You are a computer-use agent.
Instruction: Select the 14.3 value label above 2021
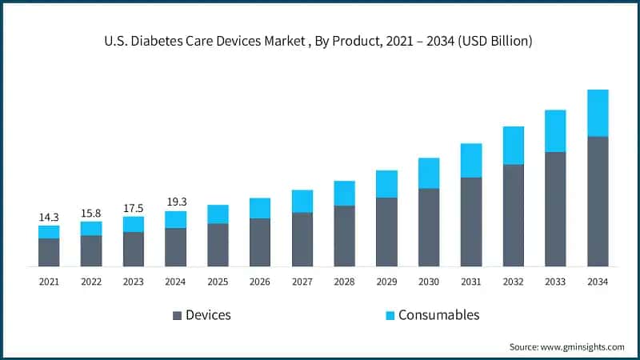(49, 217)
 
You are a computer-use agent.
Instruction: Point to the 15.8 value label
(91, 213)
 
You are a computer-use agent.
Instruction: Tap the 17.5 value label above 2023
(133, 208)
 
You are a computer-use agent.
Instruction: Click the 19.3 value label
(175, 202)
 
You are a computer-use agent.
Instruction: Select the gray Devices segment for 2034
(598, 201)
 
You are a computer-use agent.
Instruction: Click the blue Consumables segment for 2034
(598, 113)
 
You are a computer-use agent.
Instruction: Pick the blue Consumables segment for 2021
(49, 232)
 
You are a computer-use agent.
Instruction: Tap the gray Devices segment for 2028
(344, 235)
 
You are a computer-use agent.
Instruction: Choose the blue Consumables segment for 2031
(471, 161)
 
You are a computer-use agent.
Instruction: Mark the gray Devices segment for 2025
(218, 244)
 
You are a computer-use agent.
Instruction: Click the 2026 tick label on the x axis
(260, 281)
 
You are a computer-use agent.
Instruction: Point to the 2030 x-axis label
(429, 281)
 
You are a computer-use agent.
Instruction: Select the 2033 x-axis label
(555, 281)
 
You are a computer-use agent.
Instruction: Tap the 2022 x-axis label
(91, 281)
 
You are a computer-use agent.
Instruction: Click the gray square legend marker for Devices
(177, 315)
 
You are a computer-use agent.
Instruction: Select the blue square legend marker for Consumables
(390, 315)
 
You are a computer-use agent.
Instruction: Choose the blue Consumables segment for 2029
(386, 184)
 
